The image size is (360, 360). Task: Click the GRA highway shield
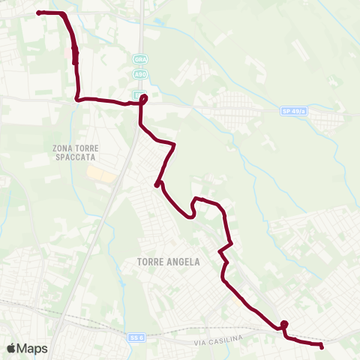coord(140,58)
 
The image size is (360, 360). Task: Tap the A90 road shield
coord(140,73)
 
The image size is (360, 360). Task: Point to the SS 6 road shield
coord(135,338)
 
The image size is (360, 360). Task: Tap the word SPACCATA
coord(77,157)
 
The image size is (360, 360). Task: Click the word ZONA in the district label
coord(64,148)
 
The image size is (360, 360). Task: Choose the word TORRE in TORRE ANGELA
coord(152,262)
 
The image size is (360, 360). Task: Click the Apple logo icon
coord(11,348)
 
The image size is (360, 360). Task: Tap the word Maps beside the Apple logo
coord(32,348)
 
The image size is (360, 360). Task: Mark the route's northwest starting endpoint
coord(38,13)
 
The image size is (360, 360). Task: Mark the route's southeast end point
coord(321,346)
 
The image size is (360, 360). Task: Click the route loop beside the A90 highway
coord(143,98)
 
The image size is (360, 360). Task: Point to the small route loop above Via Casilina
coord(284,325)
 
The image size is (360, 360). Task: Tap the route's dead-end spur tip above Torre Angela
coord(157,184)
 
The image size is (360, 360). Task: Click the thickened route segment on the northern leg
coord(75,55)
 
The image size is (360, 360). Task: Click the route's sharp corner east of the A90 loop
coord(175,144)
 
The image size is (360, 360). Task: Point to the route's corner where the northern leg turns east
coord(78,97)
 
